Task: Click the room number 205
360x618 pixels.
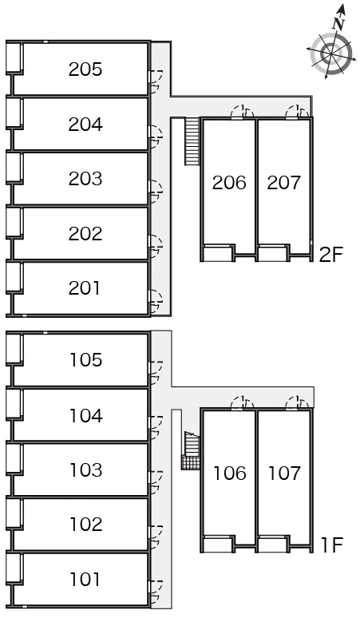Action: click(85, 69)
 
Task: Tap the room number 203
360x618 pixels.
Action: click(85, 179)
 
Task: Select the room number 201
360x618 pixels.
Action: click(85, 288)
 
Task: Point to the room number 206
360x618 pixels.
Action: click(229, 183)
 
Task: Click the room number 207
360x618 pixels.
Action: click(283, 183)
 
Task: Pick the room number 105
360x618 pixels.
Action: click(86, 360)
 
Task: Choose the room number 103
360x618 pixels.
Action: click(86, 469)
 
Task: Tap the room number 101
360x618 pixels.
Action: click(85, 580)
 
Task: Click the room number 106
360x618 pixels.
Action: click(230, 473)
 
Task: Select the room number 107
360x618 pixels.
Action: click(284, 473)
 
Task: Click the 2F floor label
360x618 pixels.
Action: click(330, 255)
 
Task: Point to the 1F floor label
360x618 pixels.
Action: click(332, 545)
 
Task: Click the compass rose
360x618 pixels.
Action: click(330, 53)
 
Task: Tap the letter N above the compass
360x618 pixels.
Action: click(338, 25)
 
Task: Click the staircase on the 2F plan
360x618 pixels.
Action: click(192, 141)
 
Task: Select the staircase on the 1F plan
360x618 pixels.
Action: click(191, 450)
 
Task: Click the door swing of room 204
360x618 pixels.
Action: click(156, 135)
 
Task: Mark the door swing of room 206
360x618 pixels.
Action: click(242, 112)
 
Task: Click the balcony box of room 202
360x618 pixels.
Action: click(14, 223)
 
